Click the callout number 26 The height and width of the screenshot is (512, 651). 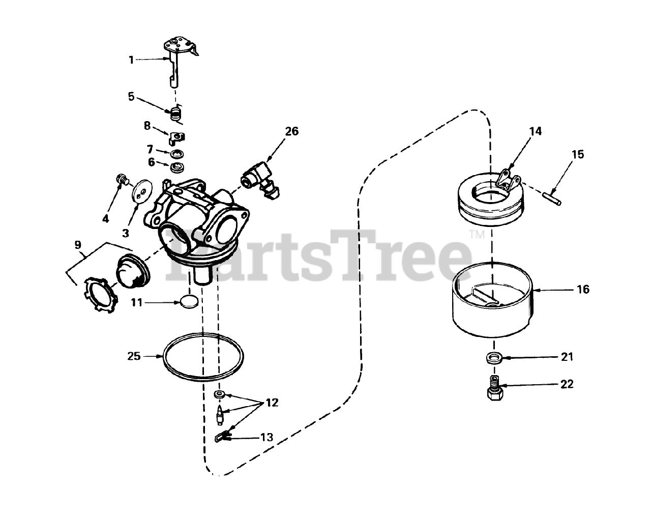tap(291, 131)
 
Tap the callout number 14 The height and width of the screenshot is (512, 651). tap(535, 131)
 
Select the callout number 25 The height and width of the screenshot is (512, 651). tap(134, 356)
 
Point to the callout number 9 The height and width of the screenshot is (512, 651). tap(78, 245)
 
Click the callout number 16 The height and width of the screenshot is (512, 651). tap(583, 289)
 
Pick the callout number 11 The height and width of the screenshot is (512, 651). tap(137, 302)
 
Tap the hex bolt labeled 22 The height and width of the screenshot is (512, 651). tap(495, 388)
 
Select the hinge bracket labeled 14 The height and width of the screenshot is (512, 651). tap(509, 180)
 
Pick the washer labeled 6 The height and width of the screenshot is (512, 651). tap(177, 167)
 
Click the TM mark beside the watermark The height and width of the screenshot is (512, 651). tap(477, 234)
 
